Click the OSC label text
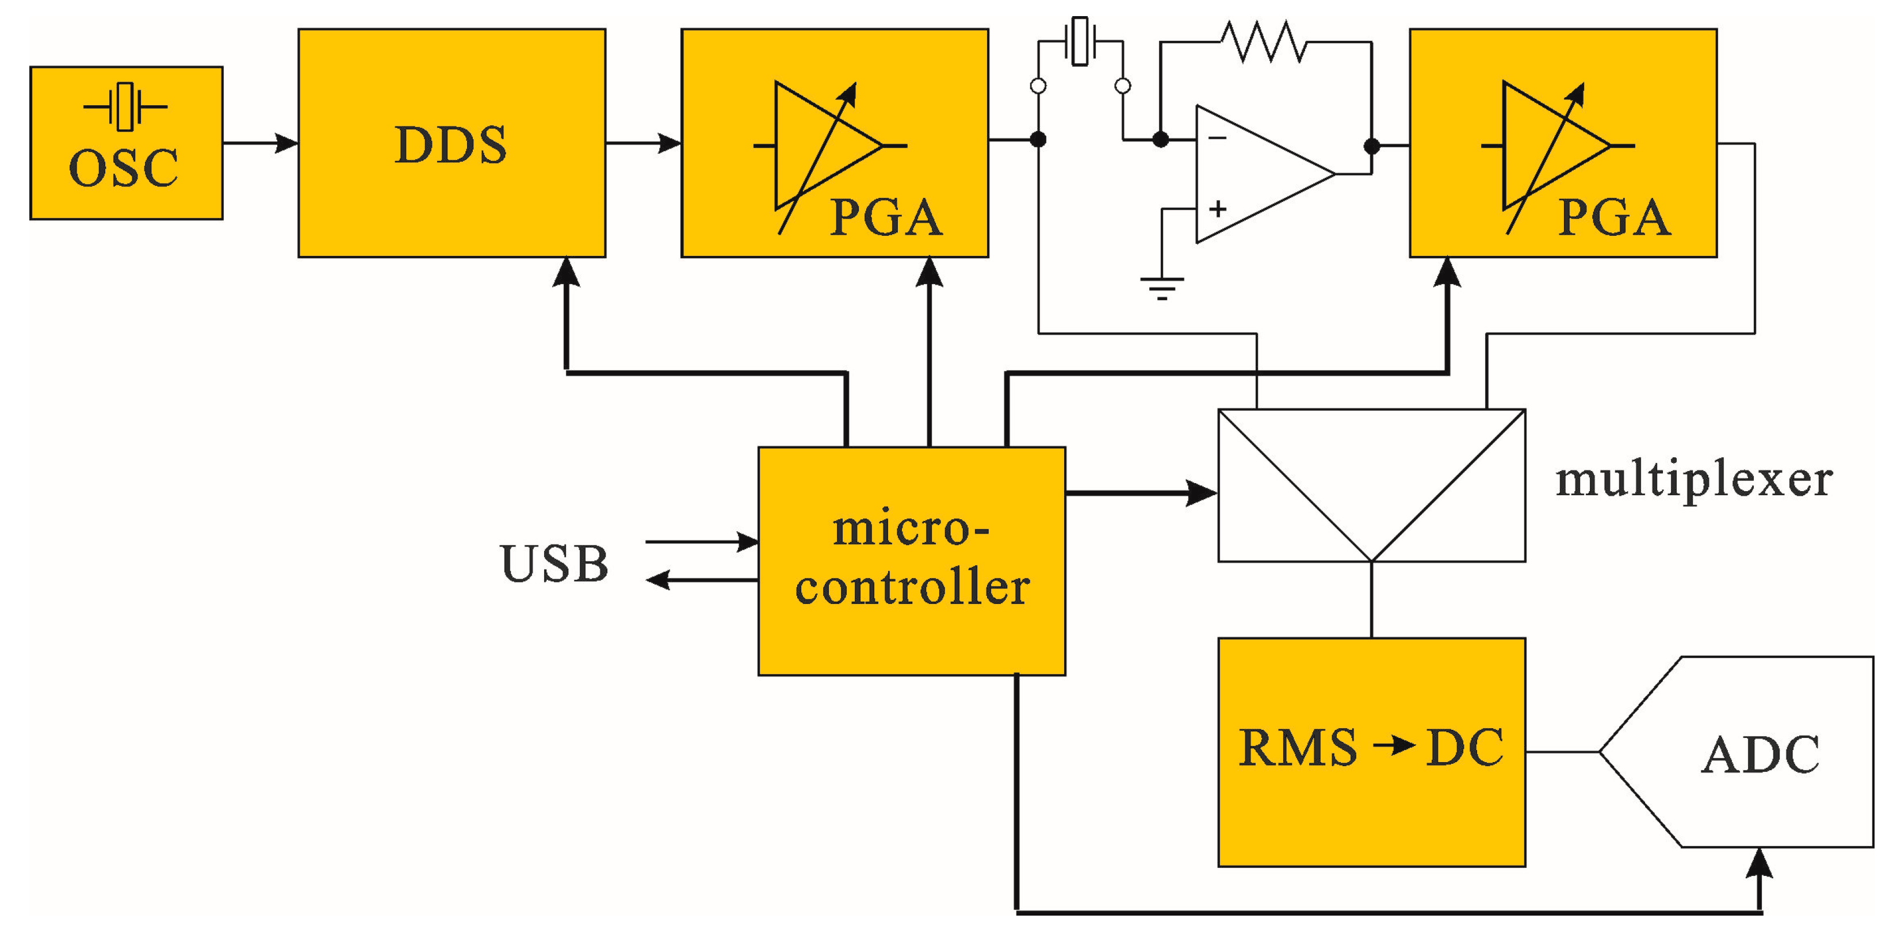coord(123,168)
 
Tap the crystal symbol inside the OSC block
coord(125,107)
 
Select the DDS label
coord(451,145)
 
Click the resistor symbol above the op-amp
coord(1264,42)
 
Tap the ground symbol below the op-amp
coord(1161,287)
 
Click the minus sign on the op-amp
coord(1217,137)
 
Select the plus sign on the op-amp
coord(1217,209)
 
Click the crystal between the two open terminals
coord(1080,42)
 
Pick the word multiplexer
coord(1694,480)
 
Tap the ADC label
coord(1760,755)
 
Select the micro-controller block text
coord(912,558)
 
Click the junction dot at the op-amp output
coord(1371,146)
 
